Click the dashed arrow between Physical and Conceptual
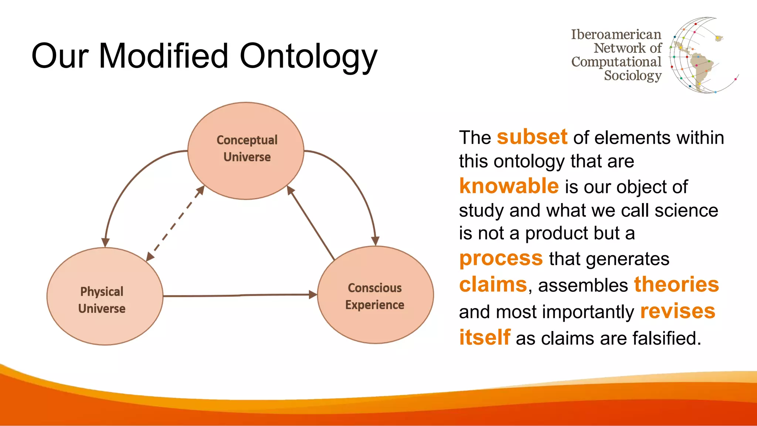[175, 223]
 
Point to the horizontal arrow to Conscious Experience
[240, 295]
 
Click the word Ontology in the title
[309, 56]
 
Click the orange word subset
[532, 137]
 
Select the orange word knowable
[509, 186]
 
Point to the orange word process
[501, 258]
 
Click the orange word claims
[493, 285]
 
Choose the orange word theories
[676, 285]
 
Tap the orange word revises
[678, 311]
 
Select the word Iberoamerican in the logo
[616, 34]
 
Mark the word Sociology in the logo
[632, 75]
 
